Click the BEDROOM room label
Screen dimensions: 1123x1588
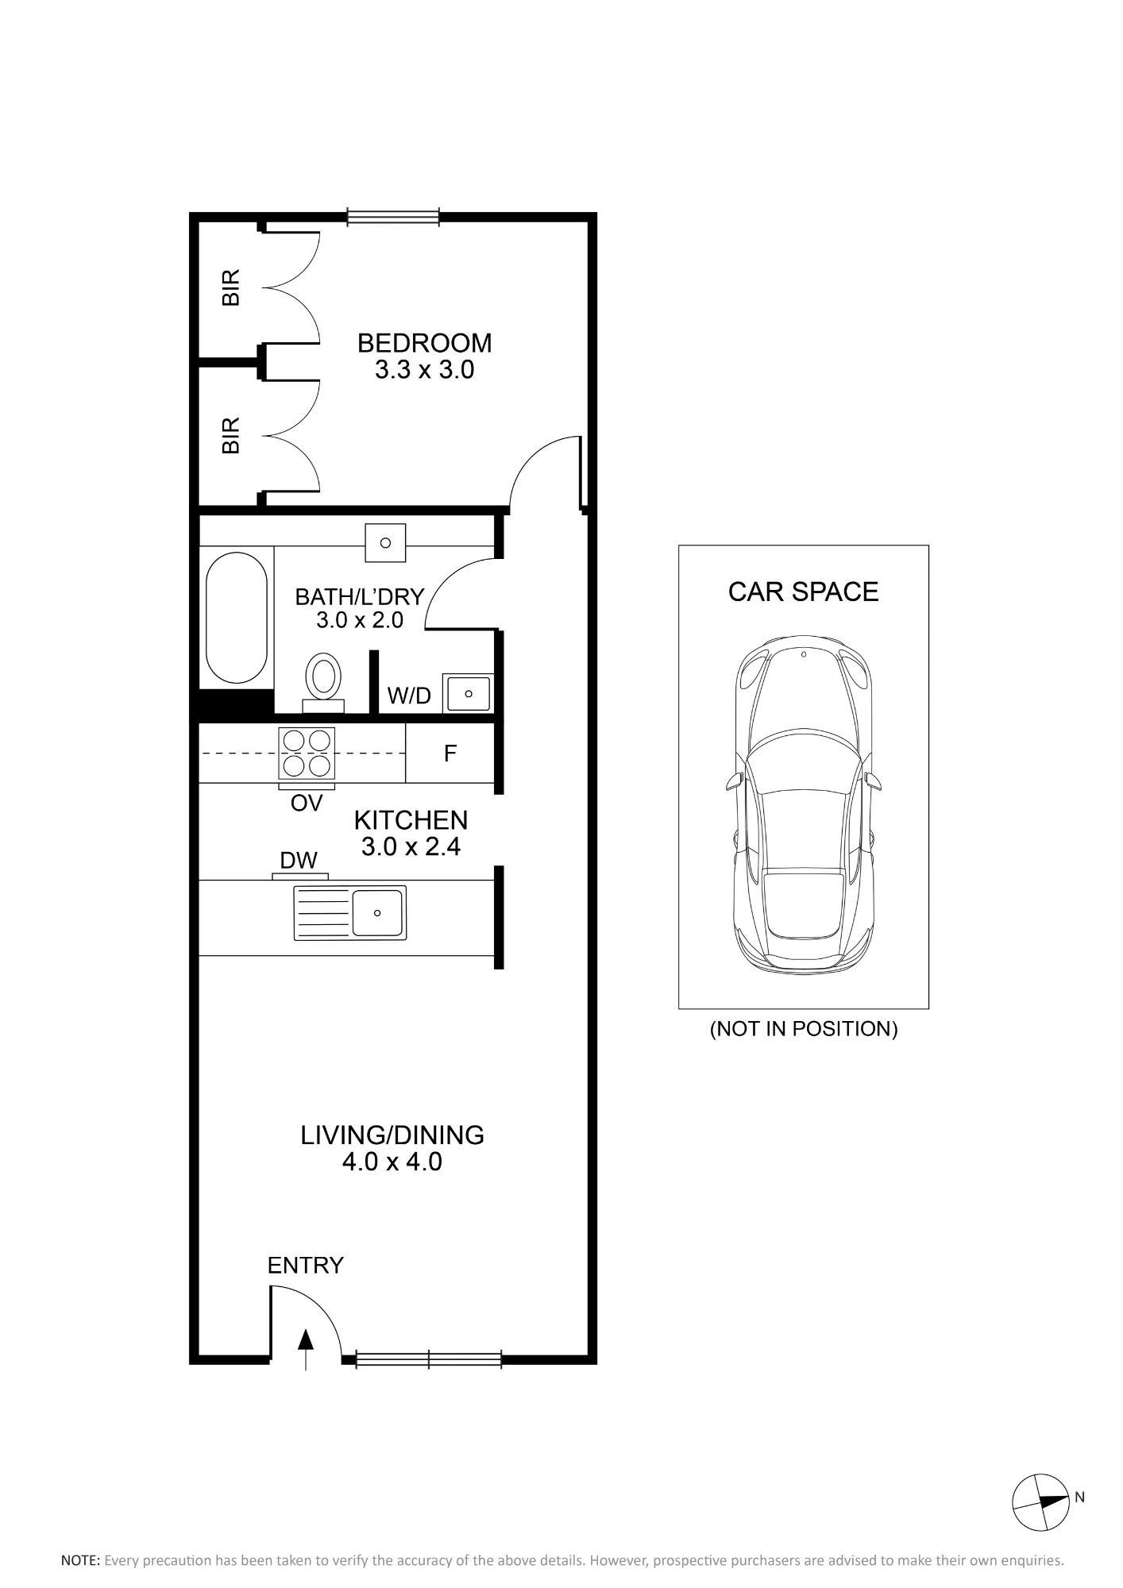(x=424, y=343)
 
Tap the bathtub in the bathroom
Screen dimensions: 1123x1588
(x=237, y=617)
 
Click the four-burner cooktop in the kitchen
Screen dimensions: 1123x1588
(x=307, y=753)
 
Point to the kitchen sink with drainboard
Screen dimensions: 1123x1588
(x=350, y=913)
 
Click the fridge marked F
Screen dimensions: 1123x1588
(x=450, y=753)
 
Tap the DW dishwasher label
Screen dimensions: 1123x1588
(x=299, y=860)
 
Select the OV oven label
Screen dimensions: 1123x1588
(x=307, y=804)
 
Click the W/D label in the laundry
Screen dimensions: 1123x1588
(x=409, y=696)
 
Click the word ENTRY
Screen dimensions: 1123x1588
(x=306, y=1266)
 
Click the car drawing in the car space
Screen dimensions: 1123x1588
(x=804, y=804)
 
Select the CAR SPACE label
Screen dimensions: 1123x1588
(x=804, y=592)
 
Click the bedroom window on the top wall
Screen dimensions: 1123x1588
(x=393, y=217)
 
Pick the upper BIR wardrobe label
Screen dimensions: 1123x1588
(x=230, y=287)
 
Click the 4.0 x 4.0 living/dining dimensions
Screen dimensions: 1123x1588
(x=392, y=1162)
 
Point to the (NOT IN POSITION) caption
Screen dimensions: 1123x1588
(x=804, y=1029)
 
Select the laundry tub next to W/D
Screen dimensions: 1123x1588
(x=469, y=693)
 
